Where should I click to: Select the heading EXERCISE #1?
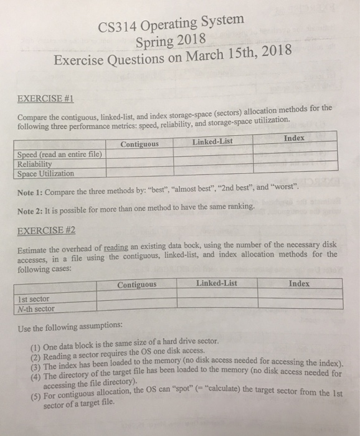[x=44, y=97]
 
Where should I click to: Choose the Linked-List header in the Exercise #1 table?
[x=212, y=141]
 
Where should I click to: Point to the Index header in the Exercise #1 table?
[x=293, y=137]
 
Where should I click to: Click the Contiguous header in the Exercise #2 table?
[x=136, y=285]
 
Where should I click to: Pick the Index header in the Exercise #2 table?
[x=299, y=283]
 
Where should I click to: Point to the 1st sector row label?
[x=35, y=299]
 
